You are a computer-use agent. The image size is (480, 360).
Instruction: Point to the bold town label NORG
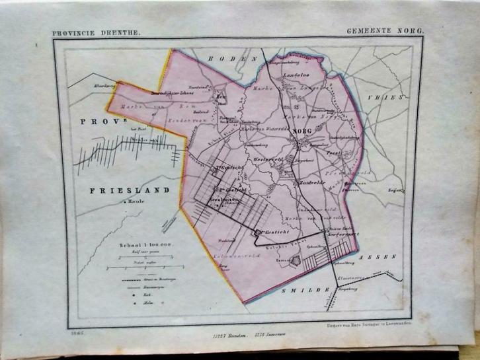point(301,132)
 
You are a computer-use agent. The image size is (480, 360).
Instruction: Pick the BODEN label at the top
point(222,60)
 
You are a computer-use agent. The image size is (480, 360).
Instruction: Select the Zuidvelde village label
point(311,182)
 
